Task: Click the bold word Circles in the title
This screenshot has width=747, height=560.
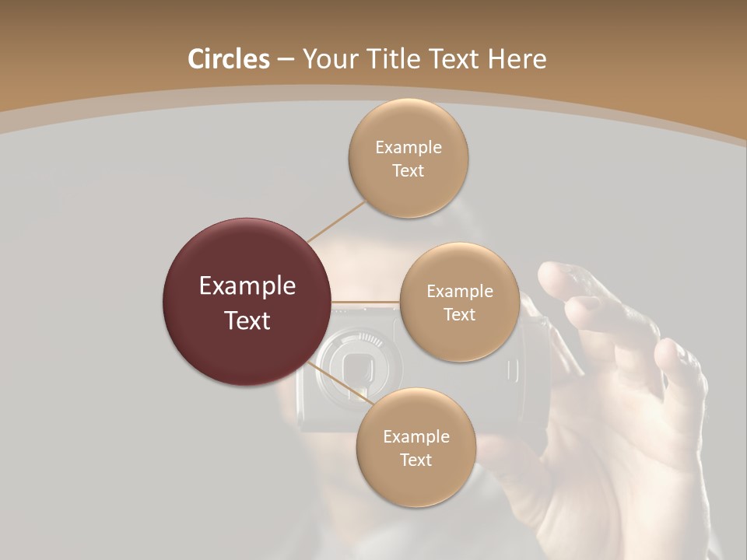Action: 229,59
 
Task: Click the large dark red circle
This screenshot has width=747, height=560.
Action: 247,303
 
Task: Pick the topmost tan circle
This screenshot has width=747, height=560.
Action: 408,158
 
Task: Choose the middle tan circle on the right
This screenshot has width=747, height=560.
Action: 459,302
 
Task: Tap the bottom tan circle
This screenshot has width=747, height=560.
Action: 416,447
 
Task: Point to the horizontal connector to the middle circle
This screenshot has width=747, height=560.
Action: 365,302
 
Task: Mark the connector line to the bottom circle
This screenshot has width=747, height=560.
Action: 339,383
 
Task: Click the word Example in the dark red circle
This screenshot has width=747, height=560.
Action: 247,286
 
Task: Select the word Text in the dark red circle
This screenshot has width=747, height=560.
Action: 247,320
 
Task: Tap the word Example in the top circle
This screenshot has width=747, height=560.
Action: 409,147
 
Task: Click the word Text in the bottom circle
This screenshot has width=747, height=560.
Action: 416,460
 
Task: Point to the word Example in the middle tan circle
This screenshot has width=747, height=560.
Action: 460,291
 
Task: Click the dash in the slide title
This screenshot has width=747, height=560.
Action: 285,59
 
